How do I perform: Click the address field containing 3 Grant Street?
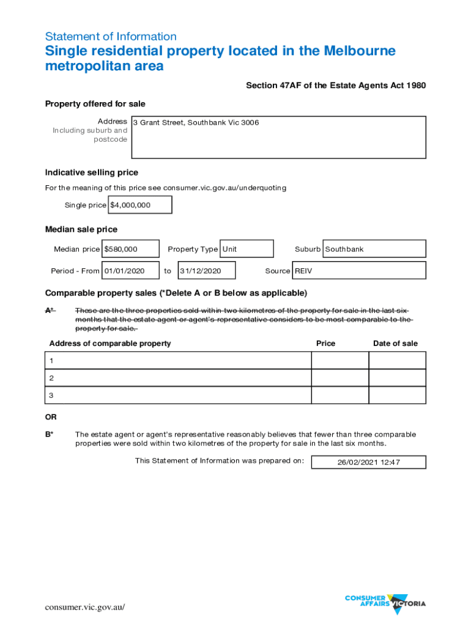coord(278,137)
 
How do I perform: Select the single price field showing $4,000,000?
coord(140,205)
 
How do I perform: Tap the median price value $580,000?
coord(130,249)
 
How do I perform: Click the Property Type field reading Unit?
coord(247,249)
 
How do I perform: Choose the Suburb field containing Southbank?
coord(374,249)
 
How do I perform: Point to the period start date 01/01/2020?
coord(130,271)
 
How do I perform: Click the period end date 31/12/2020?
coord(206,271)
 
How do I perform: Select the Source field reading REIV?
coord(359,271)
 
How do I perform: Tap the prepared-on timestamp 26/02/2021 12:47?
coord(368,462)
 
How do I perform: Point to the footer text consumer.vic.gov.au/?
coord(85,607)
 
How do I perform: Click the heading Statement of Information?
coord(111,37)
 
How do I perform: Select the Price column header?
coord(325,344)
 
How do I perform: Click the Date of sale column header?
coord(395,344)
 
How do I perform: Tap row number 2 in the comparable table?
coord(52,378)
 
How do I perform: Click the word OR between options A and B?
coord(51,417)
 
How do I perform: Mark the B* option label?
coord(48,435)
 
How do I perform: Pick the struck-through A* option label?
coord(50,311)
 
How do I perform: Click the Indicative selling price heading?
coord(92,172)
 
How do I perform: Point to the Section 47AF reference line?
coord(336,86)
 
